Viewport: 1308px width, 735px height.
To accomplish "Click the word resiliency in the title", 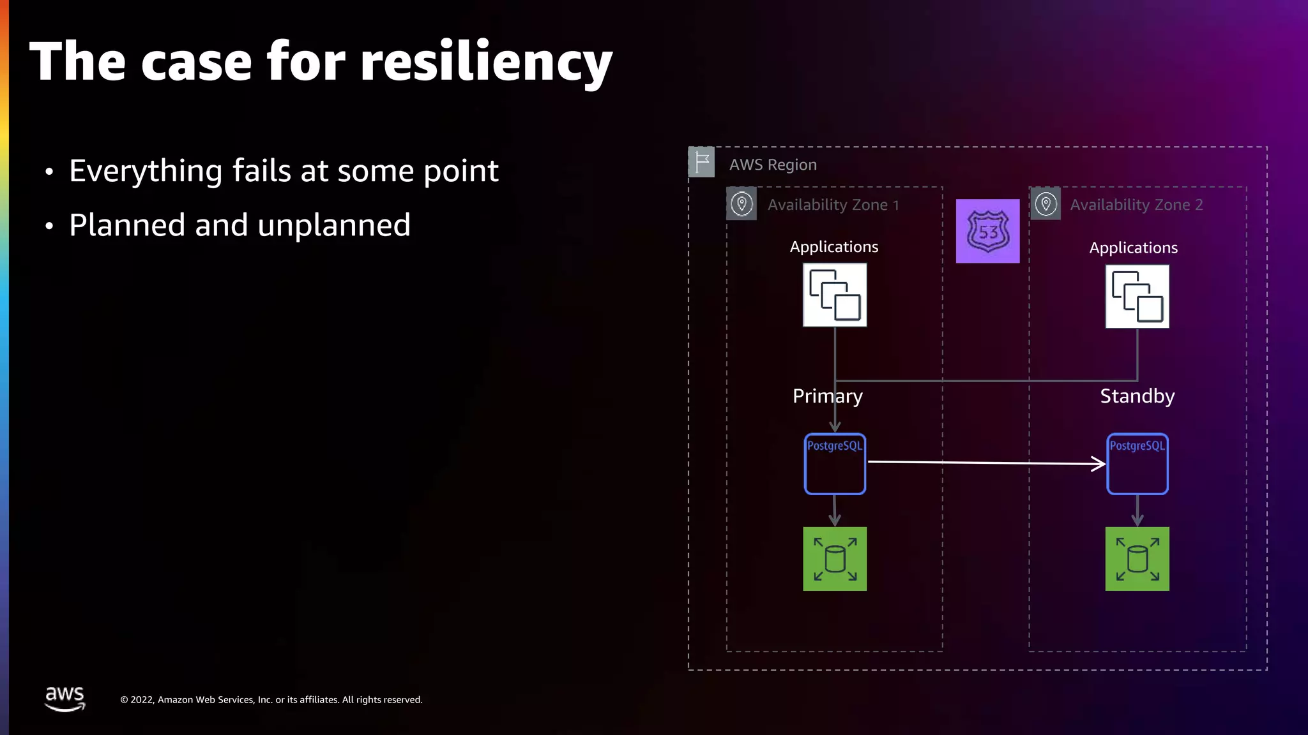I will tap(486, 63).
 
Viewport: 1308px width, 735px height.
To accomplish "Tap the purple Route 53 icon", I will tap(987, 231).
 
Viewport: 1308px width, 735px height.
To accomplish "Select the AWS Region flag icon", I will tap(701, 162).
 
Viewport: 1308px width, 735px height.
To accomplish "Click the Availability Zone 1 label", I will tap(833, 205).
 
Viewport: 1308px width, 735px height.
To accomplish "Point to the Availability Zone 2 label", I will tap(1136, 205).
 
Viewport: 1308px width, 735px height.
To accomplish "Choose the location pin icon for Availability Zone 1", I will tap(741, 204).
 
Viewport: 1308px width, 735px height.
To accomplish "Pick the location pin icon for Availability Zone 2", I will tap(1046, 204).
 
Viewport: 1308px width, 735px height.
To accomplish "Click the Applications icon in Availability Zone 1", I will tap(835, 295).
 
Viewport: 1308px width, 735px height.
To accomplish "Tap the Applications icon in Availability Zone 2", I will tap(1137, 297).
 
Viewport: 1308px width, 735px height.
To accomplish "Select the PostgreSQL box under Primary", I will tap(835, 464).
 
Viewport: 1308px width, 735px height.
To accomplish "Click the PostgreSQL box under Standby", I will tap(1137, 464).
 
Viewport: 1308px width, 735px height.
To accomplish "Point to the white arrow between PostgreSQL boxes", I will tap(986, 463).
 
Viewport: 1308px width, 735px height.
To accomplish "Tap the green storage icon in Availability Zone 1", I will tap(835, 559).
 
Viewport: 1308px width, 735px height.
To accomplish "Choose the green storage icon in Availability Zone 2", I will tap(1137, 559).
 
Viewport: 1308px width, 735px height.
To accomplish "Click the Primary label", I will tap(827, 396).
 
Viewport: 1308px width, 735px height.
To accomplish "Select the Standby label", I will tap(1137, 396).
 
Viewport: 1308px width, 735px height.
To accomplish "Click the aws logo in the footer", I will tap(65, 698).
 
